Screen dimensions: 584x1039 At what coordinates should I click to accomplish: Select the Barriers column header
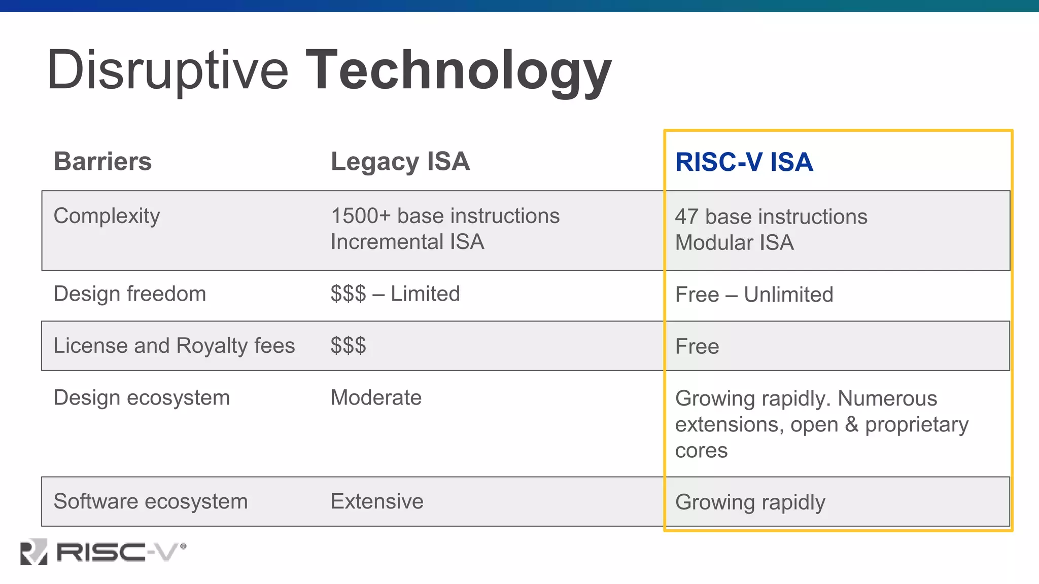click(102, 162)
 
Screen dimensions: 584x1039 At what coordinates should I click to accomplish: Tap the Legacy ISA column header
click(400, 162)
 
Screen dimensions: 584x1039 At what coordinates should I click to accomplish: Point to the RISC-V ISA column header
click(744, 162)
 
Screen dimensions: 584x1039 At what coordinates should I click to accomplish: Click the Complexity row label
click(107, 216)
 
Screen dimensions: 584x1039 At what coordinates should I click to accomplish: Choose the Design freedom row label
click(130, 294)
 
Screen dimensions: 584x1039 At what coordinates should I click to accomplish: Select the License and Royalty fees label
click(174, 346)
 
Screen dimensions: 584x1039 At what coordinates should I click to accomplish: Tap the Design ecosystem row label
click(142, 398)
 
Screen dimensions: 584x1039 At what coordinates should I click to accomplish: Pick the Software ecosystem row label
click(151, 501)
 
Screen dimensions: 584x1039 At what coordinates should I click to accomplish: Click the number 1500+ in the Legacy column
click(361, 216)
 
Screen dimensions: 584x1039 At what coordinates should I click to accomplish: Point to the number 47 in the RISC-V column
click(686, 217)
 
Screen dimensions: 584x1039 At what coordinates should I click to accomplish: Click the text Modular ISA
click(734, 243)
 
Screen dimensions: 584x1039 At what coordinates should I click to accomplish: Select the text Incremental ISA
click(407, 242)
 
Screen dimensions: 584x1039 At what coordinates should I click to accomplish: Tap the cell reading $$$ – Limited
click(395, 294)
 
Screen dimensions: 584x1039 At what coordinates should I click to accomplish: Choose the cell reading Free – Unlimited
click(754, 295)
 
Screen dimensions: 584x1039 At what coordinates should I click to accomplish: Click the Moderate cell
click(376, 398)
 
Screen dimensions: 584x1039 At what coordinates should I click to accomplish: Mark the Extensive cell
click(377, 501)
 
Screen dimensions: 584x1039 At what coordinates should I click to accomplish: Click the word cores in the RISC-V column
click(701, 451)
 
